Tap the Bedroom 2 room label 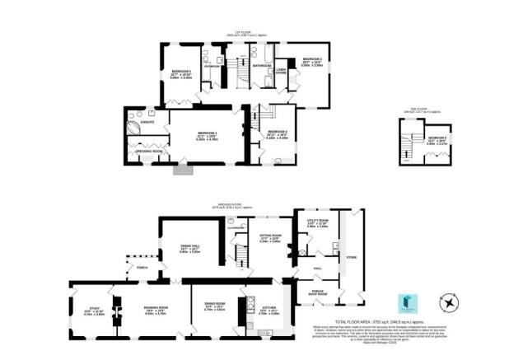click(x=180, y=72)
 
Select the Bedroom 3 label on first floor click(x=311, y=59)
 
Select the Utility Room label click(x=318, y=222)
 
